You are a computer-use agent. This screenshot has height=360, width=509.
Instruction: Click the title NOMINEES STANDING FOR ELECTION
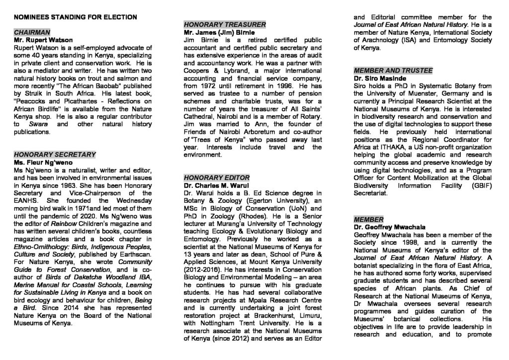(x=76, y=17)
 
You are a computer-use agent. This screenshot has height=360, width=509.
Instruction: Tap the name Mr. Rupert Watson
(x=43, y=40)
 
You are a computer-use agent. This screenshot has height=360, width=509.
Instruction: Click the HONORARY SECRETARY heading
(x=55, y=155)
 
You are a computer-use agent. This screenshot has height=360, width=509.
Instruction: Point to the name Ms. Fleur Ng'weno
(x=44, y=163)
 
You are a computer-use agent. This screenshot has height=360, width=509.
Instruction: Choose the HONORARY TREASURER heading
(x=225, y=24)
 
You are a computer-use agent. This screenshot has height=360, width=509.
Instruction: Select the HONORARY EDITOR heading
(x=216, y=178)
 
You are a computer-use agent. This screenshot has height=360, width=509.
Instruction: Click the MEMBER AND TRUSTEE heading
(x=393, y=70)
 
